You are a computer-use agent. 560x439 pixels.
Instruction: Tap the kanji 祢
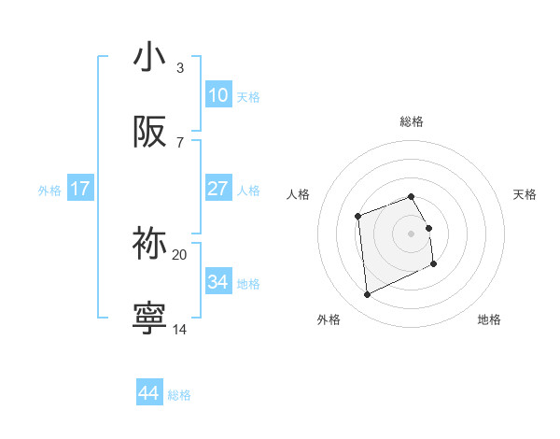click(x=149, y=243)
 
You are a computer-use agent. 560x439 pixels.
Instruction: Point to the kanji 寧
click(x=149, y=318)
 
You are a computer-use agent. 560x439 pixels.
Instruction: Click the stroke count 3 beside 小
click(x=180, y=68)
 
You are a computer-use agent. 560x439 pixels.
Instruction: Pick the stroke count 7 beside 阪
click(x=180, y=143)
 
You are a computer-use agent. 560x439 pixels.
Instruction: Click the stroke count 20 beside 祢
click(x=180, y=254)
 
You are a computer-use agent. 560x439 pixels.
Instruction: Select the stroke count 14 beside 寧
click(x=180, y=329)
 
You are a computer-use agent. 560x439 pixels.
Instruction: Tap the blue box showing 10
click(x=217, y=95)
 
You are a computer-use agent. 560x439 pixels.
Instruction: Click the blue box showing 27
click(x=217, y=189)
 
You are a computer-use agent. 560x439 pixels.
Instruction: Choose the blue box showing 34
click(x=217, y=281)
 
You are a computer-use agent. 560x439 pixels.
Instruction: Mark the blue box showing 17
click(x=80, y=189)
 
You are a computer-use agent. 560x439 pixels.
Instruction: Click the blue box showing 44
click(x=149, y=393)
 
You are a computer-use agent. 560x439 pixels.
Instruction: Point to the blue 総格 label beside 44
click(x=179, y=395)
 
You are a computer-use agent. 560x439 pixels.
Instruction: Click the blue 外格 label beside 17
click(x=49, y=191)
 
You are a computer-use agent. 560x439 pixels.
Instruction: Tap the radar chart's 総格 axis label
click(x=412, y=121)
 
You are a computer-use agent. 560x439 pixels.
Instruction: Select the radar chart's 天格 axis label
click(x=525, y=194)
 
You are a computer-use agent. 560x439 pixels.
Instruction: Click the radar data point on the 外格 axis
click(x=367, y=295)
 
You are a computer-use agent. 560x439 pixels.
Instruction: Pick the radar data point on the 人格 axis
click(x=358, y=217)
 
